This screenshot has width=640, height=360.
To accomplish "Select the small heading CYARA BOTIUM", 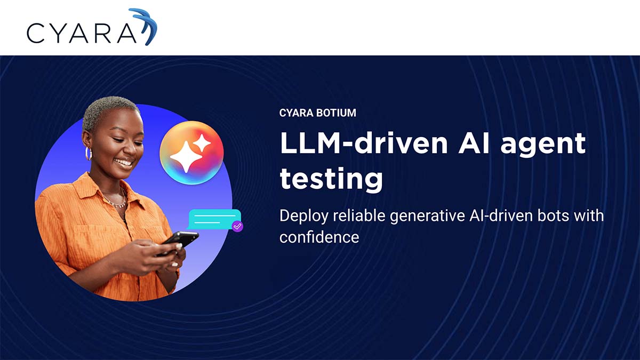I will (x=317, y=113).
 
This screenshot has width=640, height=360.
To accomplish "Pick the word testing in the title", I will (x=331, y=179).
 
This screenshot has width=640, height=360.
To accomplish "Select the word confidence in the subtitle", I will (x=319, y=237).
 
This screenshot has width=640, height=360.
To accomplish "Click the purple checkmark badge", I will (x=238, y=226).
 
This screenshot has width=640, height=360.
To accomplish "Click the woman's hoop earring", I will (x=89, y=154).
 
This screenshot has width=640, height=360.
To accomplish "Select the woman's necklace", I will (x=115, y=202).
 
